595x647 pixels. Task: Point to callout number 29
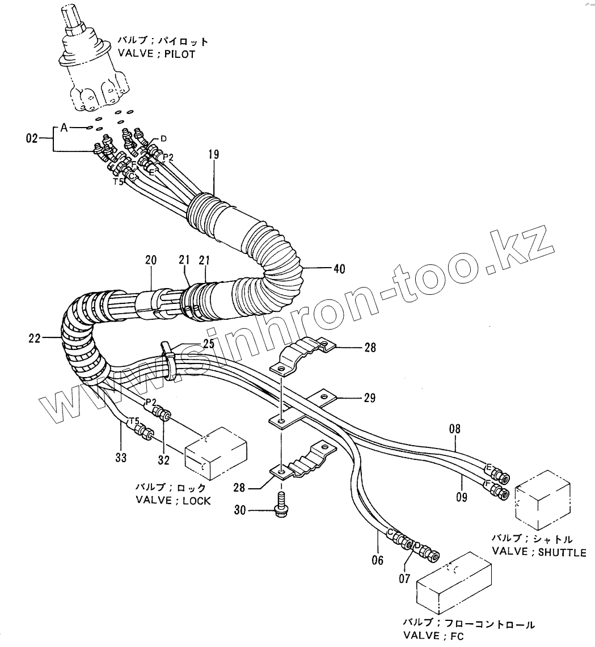[x=369, y=399]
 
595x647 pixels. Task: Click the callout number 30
[x=240, y=510]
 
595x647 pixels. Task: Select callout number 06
[x=377, y=560]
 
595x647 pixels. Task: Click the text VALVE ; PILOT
[x=157, y=54]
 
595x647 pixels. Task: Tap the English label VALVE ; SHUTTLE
[x=538, y=552]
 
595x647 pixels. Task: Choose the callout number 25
[x=208, y=344]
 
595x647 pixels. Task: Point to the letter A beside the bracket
[x=64, y=129]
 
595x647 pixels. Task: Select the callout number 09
[x=461, y=497]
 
